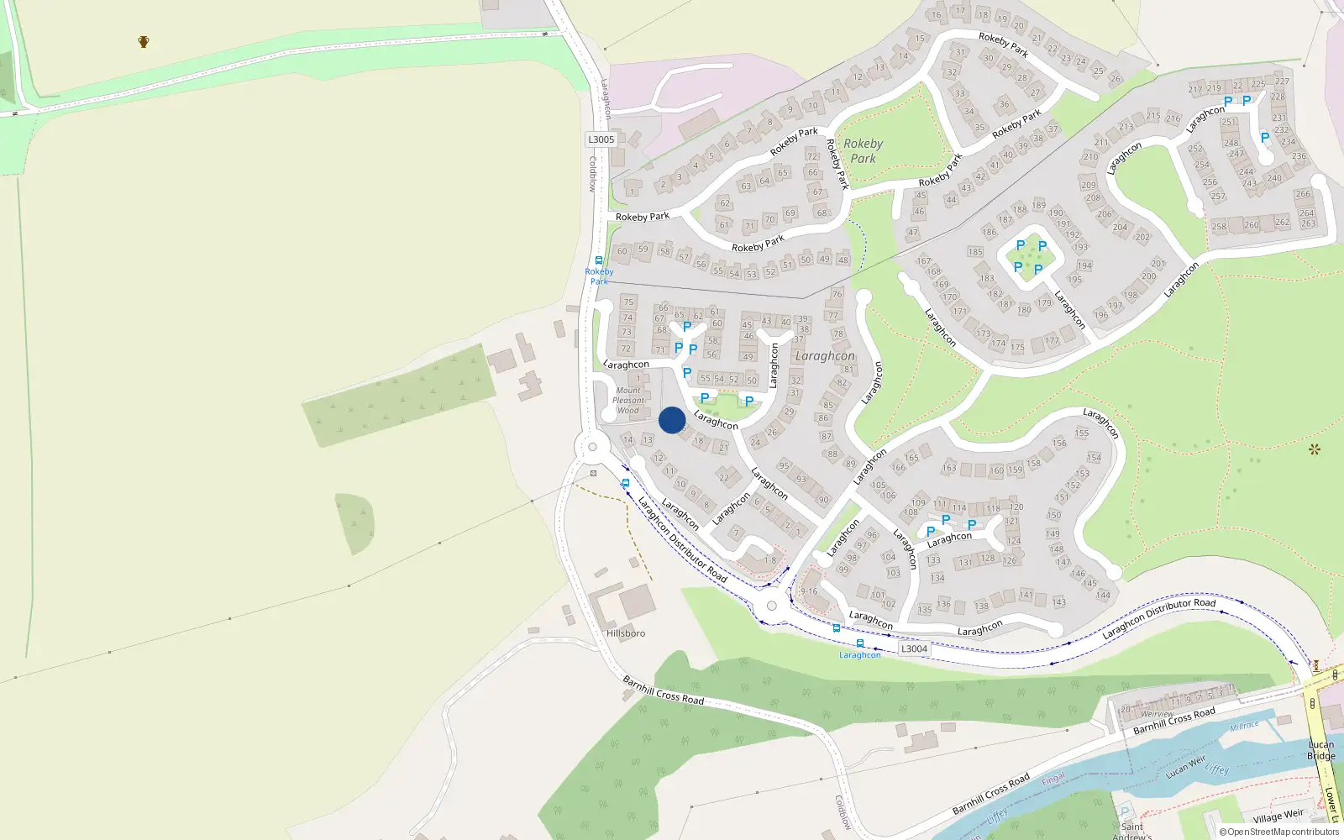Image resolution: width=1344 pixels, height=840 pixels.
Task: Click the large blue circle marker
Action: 672,420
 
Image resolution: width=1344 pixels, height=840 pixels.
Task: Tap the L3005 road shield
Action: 601,139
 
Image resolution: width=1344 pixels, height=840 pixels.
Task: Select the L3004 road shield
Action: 914,648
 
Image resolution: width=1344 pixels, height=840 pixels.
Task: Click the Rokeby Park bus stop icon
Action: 599,260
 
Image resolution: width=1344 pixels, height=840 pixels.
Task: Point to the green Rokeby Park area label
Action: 863,151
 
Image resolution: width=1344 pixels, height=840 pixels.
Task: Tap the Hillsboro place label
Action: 626,633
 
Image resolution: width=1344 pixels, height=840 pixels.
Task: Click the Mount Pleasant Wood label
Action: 628,401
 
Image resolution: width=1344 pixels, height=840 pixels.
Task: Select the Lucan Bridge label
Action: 1320,750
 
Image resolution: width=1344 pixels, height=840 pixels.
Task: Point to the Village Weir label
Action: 1278,816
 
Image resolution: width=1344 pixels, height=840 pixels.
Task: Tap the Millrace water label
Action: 1244,725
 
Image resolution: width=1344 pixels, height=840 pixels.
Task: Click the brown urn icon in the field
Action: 144,41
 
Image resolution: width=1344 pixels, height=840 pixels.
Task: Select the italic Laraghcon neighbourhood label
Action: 825,356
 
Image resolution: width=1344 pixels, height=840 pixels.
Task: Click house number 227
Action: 1281,81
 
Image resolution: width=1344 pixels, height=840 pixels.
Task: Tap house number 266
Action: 1303,194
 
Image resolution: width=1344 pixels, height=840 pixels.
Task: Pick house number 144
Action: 1103,595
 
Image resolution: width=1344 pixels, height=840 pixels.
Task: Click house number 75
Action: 628,302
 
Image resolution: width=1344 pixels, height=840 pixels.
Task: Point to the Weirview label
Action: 1157,714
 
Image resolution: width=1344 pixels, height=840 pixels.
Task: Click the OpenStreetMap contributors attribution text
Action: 1279,832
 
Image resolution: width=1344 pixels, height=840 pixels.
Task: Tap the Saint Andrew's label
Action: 1131,831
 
